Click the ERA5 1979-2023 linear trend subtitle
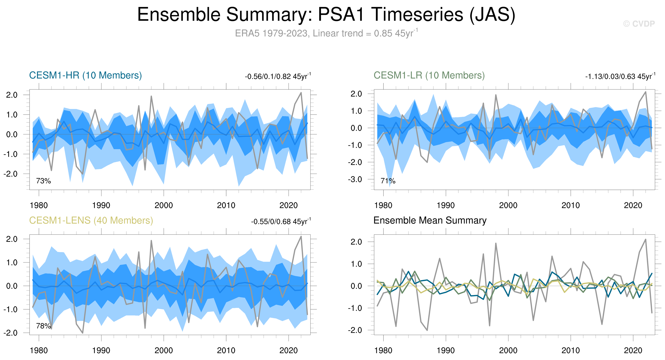(326, 33)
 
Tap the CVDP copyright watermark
(639, 24)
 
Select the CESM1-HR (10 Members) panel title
(86, 75)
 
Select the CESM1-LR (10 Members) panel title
(429, 75)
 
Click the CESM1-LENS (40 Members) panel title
(91, 220)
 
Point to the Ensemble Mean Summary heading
(430, 220)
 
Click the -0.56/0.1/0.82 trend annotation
(278, 76)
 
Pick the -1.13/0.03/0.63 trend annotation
(620, 76)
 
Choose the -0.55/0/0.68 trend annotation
(281, 222)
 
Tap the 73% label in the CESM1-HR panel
(43, 181)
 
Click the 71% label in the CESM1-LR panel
(388, 181)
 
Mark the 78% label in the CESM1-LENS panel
(43, 326)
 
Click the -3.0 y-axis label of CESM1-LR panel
(355, 179)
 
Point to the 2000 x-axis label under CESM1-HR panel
(164, 205)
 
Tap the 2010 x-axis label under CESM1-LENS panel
(226, 350)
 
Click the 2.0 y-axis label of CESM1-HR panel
(12, 95)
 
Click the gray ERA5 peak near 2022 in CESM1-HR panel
(301, 93)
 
